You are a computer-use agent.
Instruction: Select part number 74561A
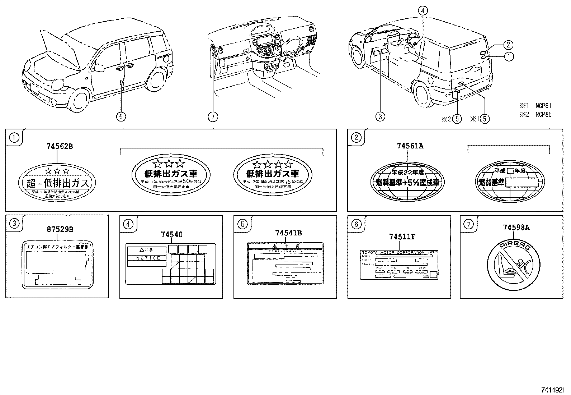tap(410, 146)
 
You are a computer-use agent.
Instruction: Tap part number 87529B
tap(60, 229)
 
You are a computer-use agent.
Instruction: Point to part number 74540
tap(171, 235)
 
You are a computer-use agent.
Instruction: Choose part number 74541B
tap(288, 233)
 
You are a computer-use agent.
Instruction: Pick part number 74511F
tap(402, 237)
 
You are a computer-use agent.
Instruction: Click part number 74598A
tap(516, 227)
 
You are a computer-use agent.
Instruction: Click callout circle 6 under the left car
tap(121, 117)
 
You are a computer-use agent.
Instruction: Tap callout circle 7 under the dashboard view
tap(213, 117)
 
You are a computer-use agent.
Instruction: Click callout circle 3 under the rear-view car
tap(380, 116)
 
